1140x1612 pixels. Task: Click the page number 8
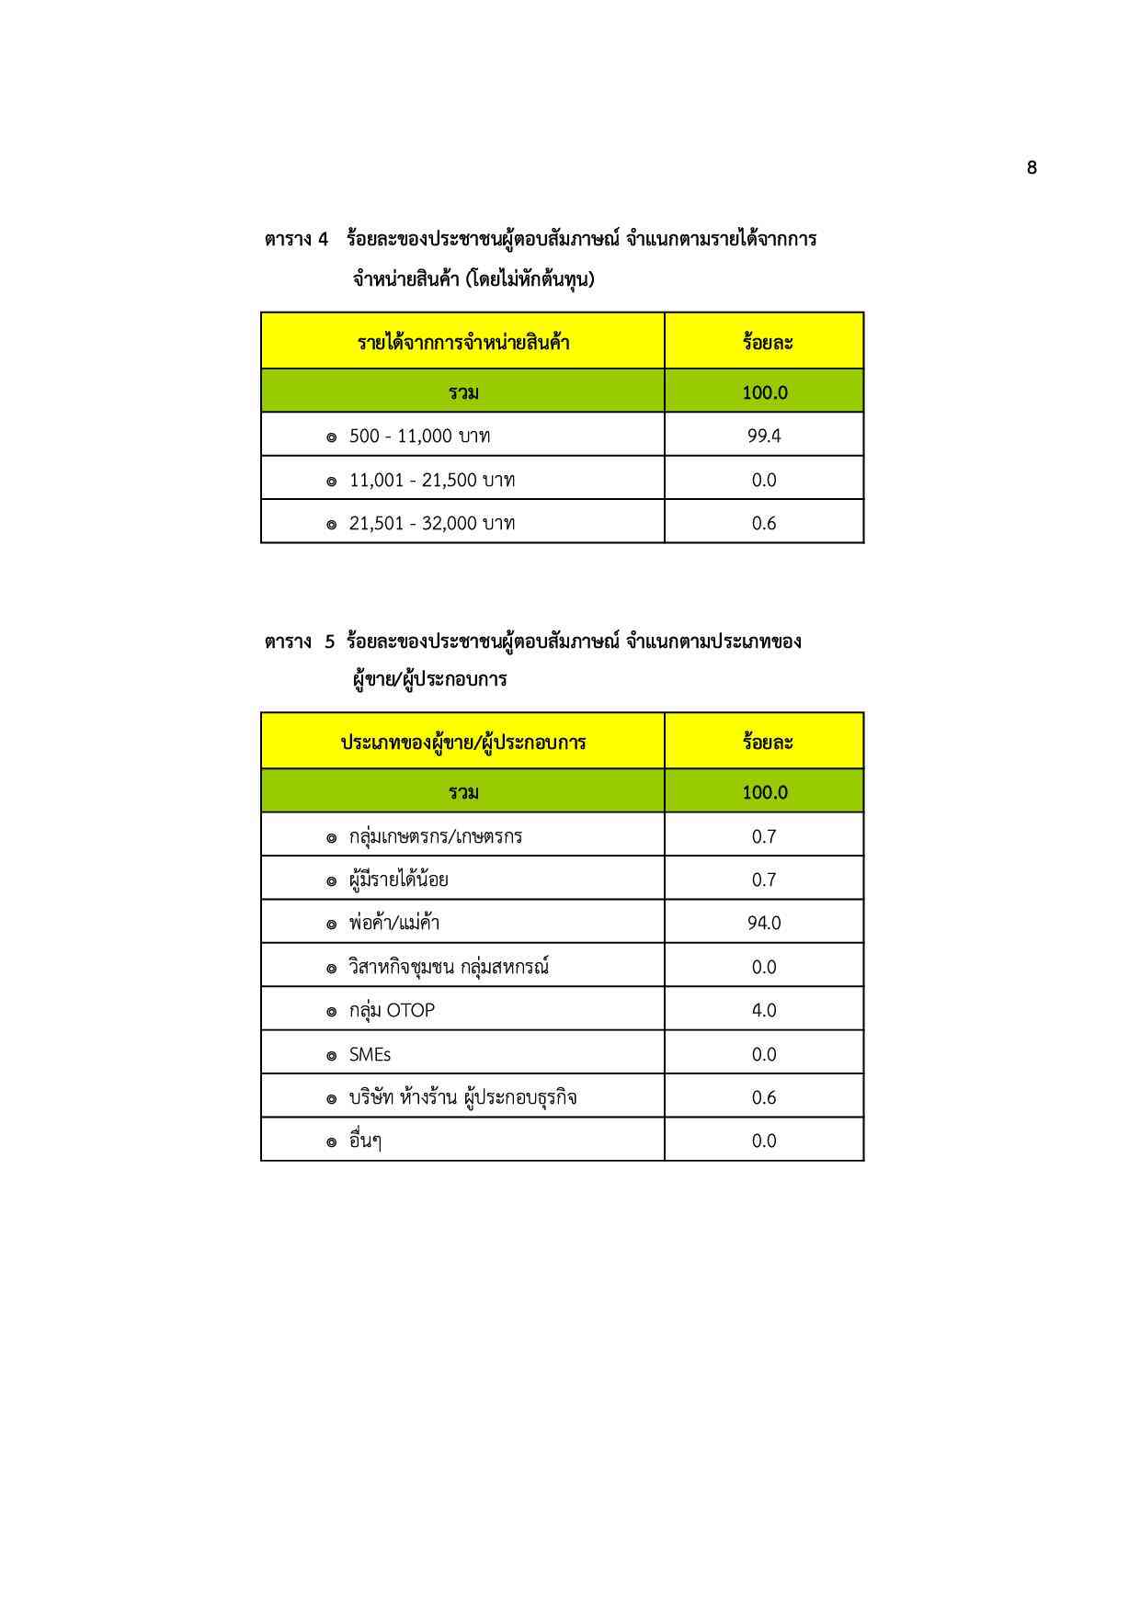click(1032, 167)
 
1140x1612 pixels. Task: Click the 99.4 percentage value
click(764, 436)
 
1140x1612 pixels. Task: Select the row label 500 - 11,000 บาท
click(419, 436)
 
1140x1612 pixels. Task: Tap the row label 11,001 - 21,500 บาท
click(431, 480)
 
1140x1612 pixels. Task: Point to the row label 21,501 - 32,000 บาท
click(431, 523)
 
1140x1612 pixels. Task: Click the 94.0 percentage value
click(764, 923)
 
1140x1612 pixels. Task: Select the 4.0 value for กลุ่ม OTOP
click(764, 1010)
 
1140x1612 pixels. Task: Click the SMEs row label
click(370, 1054)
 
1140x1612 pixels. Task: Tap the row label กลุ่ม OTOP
click(392, 1010)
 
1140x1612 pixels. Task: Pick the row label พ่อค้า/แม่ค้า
click(394, 923)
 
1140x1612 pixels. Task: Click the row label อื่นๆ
click(365, 1141)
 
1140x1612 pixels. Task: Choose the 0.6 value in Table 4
click(764, 523)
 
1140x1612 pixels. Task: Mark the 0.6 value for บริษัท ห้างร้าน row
click(764, 1097)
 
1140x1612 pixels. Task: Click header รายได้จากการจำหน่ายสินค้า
click(463, 343)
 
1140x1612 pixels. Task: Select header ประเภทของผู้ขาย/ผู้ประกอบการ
click(463, 743)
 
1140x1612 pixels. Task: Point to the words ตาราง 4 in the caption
click(296, 240)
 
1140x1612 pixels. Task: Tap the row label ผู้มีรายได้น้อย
click(399, 880)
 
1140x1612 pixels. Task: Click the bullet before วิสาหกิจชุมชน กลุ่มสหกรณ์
click(332, 968)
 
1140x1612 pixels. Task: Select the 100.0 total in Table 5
click(765, 792)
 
